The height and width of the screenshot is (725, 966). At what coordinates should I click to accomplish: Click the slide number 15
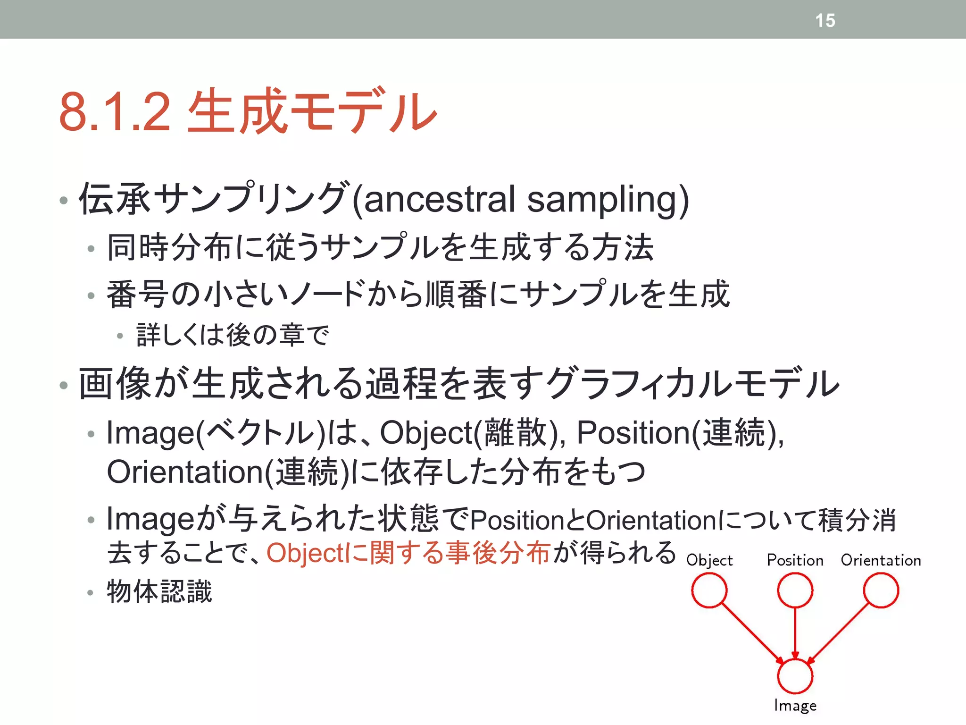[825, 20]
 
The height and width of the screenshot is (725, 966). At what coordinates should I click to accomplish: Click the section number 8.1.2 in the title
[115, 112]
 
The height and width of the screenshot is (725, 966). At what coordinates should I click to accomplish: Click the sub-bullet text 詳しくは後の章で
[232, 335]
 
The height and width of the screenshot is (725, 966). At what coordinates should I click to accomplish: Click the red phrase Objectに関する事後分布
[408, 553]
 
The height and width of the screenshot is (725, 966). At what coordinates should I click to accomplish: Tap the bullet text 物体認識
[159, 591]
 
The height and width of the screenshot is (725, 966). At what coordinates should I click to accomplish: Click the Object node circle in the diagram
[709, 590]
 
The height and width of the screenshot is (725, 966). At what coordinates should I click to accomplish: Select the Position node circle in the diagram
[795, 590]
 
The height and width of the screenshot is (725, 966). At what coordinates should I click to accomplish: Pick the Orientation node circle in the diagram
[881, 590]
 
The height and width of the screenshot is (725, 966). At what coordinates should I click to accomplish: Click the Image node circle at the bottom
[795, 676]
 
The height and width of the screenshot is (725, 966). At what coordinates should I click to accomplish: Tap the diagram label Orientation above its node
[881, 560]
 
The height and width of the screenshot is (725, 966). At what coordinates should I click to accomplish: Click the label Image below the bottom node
[795, 706]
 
